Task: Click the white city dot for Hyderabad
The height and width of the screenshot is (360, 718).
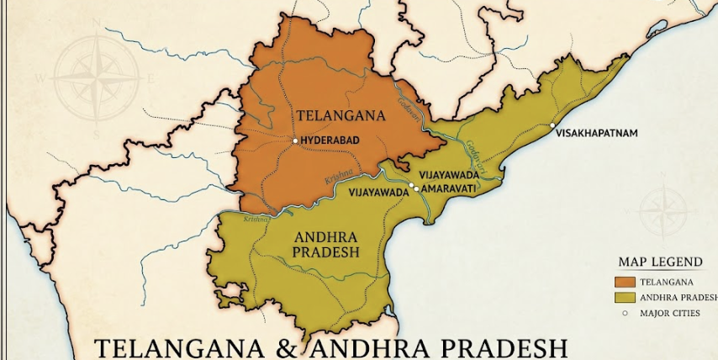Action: pyautogui.click(x=294, y=140)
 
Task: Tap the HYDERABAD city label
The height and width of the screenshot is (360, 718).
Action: pyautogui.click(x=330, y=141)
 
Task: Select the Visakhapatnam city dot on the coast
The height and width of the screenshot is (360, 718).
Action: pyautogui.click(x=552, y=125)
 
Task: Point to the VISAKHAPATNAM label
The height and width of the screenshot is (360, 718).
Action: pyautogui.click(x=596, y=133)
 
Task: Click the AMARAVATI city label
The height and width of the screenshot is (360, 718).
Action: pyautogui.click(x=448, y=189)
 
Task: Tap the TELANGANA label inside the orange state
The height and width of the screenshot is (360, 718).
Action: pyautogui.click(x=341, y=115)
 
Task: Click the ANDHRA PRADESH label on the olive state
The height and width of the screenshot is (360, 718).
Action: pyautogui.click(x=325, y=244)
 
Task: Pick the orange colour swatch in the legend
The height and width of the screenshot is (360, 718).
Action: pyautogui.click(x=625, y=282)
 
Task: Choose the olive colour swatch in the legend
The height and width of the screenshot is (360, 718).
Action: pyautogui.click(x=625, y=297)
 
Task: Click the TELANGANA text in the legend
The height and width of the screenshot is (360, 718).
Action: pyautogui.click(x=667, y=282)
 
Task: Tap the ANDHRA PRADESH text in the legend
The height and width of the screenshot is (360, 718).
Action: pyautogui.click(x=678, y=297)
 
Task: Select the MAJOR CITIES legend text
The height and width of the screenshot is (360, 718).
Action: pyautogui.click(x=669, y=313)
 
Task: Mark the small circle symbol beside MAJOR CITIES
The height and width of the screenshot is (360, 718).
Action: pyautogui.click(x=625, y=313)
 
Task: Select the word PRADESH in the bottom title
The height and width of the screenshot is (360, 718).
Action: pyautogui.click(x=499, y=348)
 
